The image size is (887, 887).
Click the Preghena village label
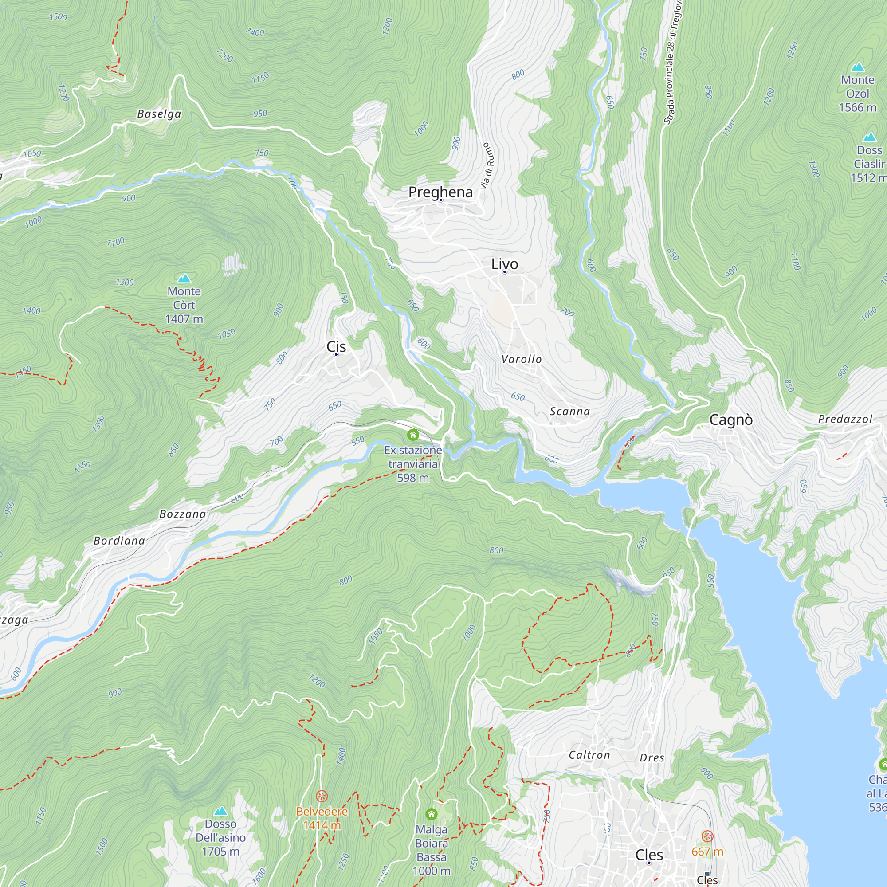[x=440, y=192]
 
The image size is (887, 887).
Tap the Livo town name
[x=505, y=264]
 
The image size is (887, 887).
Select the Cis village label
[x=336, y=347]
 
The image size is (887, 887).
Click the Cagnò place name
[x=731, y=420]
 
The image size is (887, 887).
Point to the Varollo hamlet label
[x=522, y=360]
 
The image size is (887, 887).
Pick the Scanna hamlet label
[x=570, y=412]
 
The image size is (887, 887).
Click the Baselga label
[x=159, y=114]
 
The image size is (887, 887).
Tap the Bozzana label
[x=183, y=514]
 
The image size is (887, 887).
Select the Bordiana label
[x=119, y=541]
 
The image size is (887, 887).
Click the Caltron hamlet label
[x=589, y=755]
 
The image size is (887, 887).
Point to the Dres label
[x=652, y=758]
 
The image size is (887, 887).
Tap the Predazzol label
[x=845, y=419]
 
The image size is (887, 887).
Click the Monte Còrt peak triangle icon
[x=184, y=278]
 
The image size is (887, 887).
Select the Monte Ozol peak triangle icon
[x=858, y=67]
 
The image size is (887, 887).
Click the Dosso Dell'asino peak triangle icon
[x=221, y=811]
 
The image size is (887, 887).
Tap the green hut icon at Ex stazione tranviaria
[x=413, y=434]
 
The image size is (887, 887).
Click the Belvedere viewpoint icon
[x=322, y=796]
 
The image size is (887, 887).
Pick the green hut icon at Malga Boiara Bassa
[x=431, y=814]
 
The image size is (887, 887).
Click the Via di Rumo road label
[x=487, y=166]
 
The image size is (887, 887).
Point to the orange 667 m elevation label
[x=707, y=852]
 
